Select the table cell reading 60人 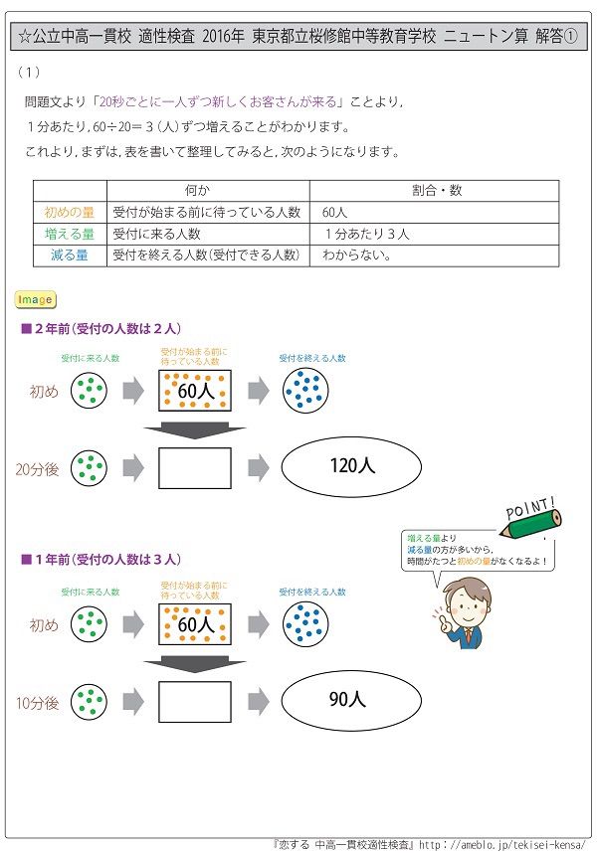(336, 213)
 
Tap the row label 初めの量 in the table (69, 213)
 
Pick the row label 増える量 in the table (69, 234)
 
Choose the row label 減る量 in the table (69, 256)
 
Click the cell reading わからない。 (356, 256)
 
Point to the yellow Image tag (36, 299)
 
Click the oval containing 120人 (352, 464)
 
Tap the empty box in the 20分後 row (194, 465)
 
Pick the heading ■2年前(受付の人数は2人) (101, 329)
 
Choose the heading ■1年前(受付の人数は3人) (101, 560)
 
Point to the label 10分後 (38, 703)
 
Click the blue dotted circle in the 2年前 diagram (304, 390)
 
